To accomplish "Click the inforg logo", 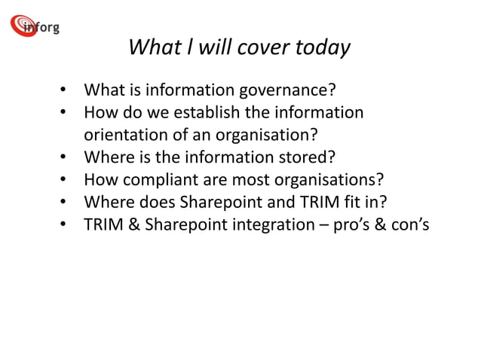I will pos(35,26).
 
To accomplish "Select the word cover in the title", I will pos(259,47).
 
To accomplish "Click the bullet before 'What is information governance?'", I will pos(65,92).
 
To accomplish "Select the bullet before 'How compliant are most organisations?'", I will pos(65,180).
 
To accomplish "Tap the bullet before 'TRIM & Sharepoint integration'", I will pos(65,224).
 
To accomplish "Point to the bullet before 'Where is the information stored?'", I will pos(65,157).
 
